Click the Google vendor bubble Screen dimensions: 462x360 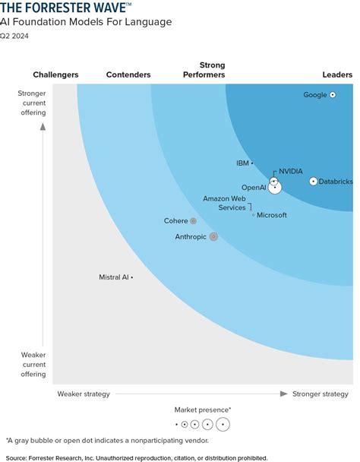tap(333, 95)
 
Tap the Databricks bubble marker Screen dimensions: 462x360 tap(314, 181)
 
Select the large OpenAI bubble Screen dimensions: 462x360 tap(275, 187)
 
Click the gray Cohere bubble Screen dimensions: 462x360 tap(193, 221)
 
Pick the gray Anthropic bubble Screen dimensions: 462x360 tap(213, 236)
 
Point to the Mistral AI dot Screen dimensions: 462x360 tap(132, 277)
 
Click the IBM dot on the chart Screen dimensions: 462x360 tap(252, 163)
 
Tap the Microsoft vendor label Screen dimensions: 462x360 tap(272, 215)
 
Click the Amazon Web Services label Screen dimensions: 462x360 tap(224, 203)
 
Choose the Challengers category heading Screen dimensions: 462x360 tap(55, 74)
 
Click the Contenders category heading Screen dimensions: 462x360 tap(128, 74)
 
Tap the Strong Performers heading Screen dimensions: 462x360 tap(204, 70)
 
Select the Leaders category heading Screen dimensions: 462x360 tap(337, 74)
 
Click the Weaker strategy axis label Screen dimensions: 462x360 tap(84, 394)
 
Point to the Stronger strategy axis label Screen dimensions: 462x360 tap(321, 394)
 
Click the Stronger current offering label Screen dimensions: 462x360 tap(32, 103)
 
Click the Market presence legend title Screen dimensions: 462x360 tap(203, 410)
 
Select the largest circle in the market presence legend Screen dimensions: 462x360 tap(223, 424)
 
